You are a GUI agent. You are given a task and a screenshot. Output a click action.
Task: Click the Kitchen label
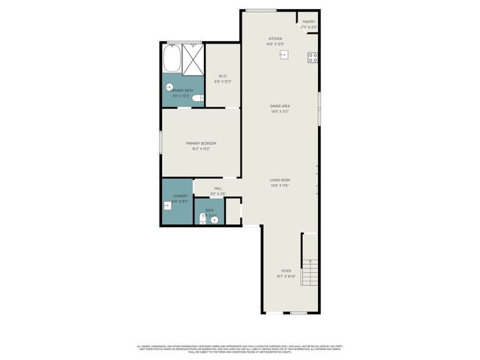(275, 41)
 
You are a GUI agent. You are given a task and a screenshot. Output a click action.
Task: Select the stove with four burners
(313, 57)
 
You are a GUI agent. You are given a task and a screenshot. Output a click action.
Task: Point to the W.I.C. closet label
(223, 78)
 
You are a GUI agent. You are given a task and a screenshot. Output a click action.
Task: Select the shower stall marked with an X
(193, 58)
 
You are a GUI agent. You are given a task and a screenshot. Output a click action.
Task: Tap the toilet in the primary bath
(196, 98)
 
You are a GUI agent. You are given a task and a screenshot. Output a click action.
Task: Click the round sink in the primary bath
(169, 86)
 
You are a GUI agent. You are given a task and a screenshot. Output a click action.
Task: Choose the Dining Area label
(280, 109)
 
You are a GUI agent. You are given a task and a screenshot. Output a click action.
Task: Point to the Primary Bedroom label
(201, 145)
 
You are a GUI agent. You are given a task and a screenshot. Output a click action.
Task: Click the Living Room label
(280, 182)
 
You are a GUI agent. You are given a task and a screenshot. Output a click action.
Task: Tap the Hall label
(217, 190)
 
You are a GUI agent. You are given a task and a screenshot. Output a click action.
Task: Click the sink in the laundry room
(166, 205)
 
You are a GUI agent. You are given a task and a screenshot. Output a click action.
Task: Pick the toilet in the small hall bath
(202, 218)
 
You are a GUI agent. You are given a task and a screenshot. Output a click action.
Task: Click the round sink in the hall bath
(214, 220)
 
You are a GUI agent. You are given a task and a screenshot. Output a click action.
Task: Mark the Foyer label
(286, 272)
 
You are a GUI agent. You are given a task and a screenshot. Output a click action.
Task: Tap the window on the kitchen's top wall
(261, 10)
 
